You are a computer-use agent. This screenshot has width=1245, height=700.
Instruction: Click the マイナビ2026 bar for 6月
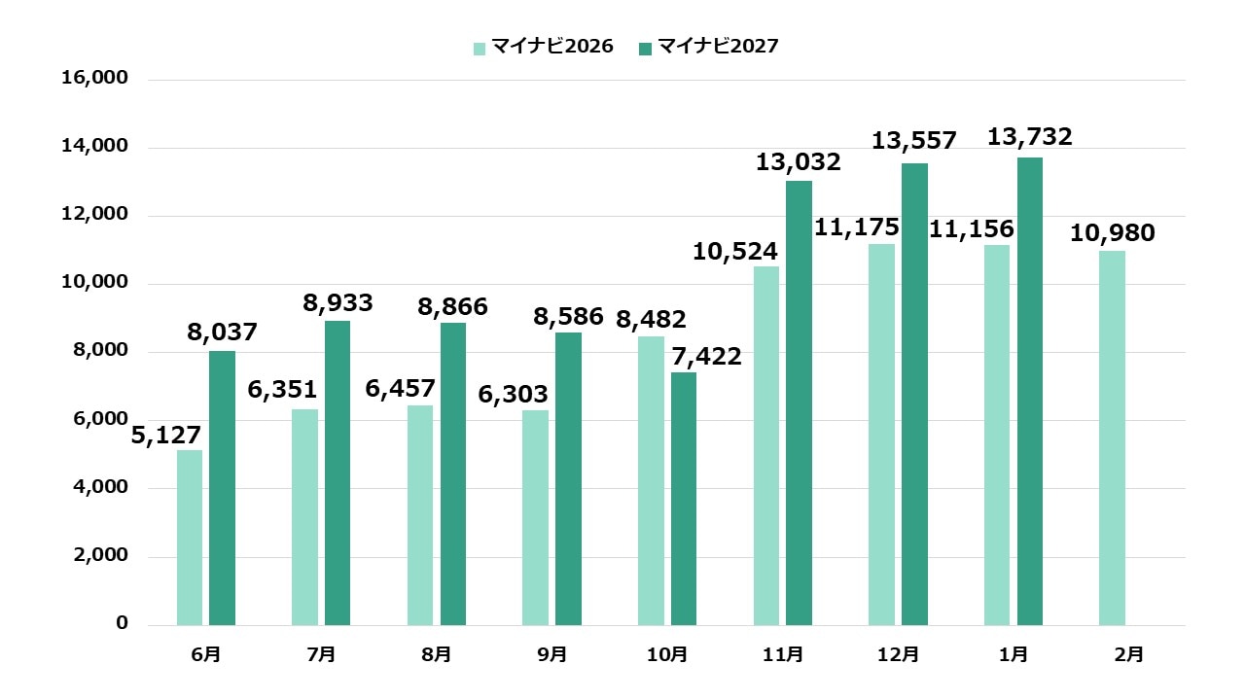[190, 538]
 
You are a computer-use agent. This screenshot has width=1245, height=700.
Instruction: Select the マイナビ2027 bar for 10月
[684, 499]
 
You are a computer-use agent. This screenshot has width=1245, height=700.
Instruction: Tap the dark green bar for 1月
[1030, 392]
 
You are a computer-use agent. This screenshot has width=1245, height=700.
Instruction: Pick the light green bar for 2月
[1112, 438]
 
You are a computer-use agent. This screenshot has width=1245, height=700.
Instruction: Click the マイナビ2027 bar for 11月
[799, 403]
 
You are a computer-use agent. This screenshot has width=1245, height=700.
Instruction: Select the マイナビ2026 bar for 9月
[535, 518]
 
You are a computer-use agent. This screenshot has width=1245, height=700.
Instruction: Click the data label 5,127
[166, 435]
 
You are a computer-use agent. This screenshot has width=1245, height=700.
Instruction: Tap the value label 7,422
[706, 357]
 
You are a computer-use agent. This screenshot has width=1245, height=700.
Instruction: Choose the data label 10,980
[1113, 233]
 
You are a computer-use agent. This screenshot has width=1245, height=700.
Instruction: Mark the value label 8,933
[338, 303]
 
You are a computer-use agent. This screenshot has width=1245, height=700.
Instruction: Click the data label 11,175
[857, 228]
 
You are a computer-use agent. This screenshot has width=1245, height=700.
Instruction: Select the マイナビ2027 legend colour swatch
[646, 48]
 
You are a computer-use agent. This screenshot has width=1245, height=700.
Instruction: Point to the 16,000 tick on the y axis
[94, 79]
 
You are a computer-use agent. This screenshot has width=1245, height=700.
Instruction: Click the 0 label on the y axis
[123, 623]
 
